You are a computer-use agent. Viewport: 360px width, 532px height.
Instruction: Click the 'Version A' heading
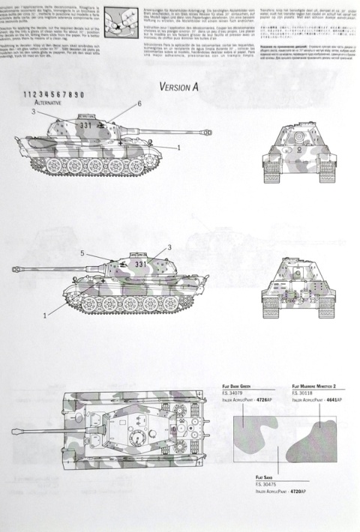[178, 86]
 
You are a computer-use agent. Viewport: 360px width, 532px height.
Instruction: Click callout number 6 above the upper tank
[139, 103]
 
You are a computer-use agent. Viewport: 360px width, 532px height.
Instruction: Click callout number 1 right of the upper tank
[178, 148]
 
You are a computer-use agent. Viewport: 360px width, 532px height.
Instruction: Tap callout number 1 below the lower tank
[44, 315]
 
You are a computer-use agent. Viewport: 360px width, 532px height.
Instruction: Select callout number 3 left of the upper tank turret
[34, 111]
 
